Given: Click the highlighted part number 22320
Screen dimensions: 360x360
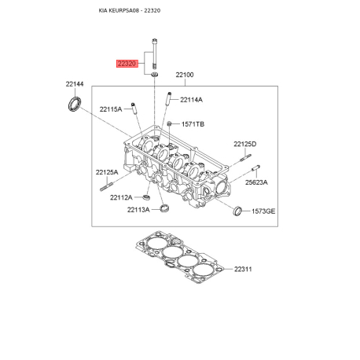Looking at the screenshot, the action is point(127,64).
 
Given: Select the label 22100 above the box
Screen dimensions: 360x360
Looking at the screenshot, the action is point(185,75).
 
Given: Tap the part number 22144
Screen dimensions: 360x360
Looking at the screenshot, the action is point(75,84).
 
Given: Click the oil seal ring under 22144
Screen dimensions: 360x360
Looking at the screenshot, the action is point(75,104).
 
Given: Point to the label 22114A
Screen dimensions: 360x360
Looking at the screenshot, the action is point(191,100).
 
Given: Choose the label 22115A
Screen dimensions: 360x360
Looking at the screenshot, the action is point(111,109).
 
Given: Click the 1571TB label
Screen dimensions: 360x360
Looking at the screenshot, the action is point(193,124).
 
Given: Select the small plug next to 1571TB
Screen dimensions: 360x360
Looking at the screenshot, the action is point(169,123).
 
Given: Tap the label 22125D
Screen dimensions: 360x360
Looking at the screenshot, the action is point(245,144).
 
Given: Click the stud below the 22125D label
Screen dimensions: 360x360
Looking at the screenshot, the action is point(245,158).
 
